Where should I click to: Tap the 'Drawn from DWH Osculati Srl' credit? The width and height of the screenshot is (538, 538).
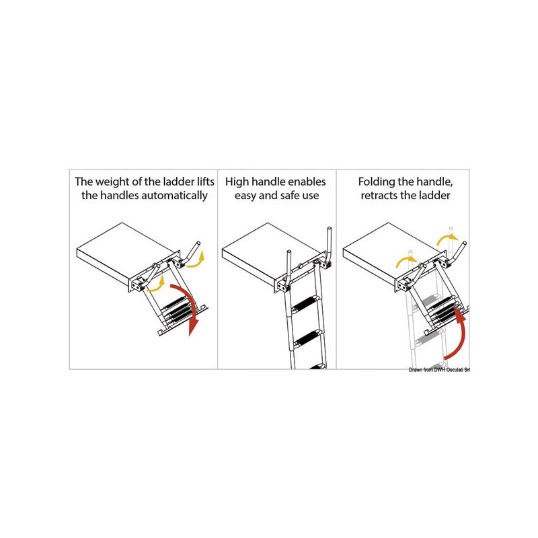coord(439,370)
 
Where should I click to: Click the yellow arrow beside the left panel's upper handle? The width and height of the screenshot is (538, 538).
coord(196,260)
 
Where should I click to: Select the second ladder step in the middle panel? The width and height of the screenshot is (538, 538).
coord(308,339)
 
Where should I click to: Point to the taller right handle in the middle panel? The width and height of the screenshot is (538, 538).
coord(328,246)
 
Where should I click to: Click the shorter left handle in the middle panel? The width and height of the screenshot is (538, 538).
coord(289,270)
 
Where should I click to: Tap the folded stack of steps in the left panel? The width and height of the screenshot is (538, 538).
coord(177,310)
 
